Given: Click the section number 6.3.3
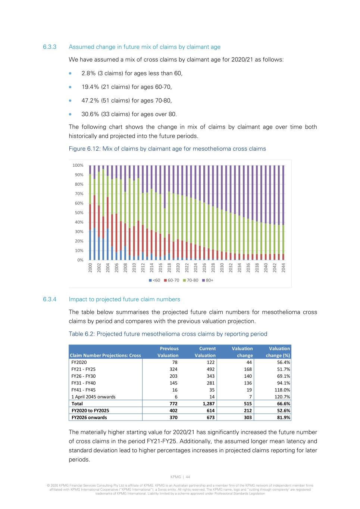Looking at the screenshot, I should [50, 47].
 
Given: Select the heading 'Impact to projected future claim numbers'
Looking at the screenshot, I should [124, 299].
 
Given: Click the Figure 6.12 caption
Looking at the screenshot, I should [167, 149].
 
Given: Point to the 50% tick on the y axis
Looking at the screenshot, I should [79, 213].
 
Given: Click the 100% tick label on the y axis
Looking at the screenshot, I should [78, 165].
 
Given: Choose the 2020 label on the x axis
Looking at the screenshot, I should [178, 267].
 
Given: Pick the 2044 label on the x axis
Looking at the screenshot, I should [284, 267].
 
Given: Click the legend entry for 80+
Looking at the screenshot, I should [208, 280].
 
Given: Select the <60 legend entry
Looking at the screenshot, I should [154, 280].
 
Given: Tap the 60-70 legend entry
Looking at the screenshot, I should [172, 280].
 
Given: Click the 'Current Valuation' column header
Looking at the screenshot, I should [205, 352].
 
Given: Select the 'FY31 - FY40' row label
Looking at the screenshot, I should [84, 383].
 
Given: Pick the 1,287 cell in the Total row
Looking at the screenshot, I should [209, 404].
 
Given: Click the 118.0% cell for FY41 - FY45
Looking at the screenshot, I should [282, 390].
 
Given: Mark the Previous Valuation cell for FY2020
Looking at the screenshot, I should [175, 362].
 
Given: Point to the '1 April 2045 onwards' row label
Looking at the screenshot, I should [93, 397].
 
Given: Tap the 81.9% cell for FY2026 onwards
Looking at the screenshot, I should [284, 418].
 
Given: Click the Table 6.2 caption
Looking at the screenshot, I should [168, 334].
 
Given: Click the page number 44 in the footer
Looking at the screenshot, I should [188, 477].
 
